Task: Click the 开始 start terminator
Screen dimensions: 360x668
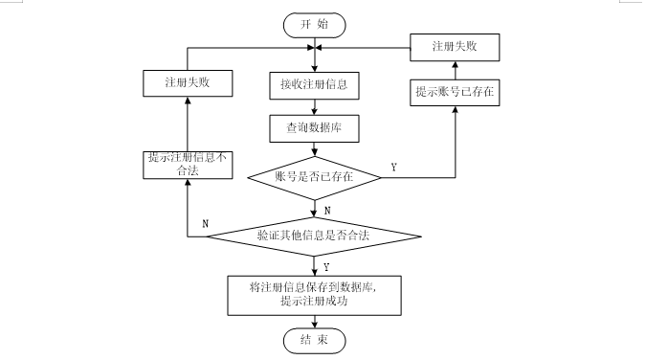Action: (x=314, y=23)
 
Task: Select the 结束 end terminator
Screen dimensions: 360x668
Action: (x=314, y=339)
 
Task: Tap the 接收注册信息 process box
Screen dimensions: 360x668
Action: (x=314, y=83)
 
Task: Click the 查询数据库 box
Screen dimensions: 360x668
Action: (x=314, y=127)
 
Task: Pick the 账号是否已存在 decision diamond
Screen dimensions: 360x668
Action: (x=314, y=175)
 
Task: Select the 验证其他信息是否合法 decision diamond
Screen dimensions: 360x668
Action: (x=314, y=235)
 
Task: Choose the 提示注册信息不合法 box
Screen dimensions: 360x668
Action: (x=189, y=164)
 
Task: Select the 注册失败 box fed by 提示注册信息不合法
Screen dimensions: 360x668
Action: (x=189, y=83)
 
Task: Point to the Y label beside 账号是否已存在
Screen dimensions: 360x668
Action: (x=394, y=168)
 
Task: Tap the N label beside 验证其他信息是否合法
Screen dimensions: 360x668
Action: (x=206, y=223)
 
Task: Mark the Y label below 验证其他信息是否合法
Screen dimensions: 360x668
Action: (x=327, y=267)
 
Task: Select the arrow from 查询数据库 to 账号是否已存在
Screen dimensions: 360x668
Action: (x=314, y=149)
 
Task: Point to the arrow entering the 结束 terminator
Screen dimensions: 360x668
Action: (x=314, y=321)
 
